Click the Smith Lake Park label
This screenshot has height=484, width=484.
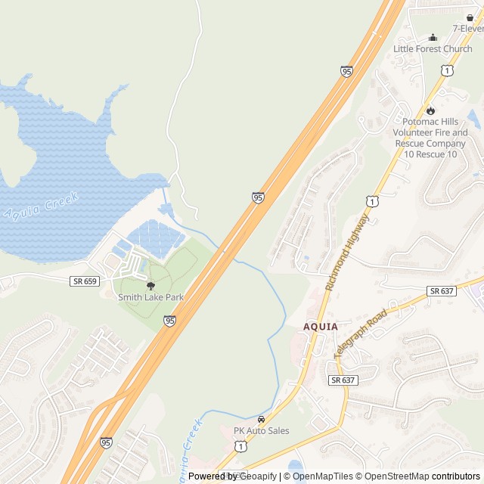point(150,297)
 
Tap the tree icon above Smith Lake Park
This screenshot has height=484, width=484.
point(150,285)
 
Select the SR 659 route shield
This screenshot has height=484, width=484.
point(84,281)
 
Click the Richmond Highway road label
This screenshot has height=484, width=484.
point(347,252)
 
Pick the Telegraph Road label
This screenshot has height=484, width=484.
point(360,333)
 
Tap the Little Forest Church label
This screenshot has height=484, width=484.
point(433,49)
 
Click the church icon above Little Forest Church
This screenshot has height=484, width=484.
point(433,37)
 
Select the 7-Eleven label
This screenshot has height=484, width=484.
point(467,28)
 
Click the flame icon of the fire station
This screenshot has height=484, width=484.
point(430,110)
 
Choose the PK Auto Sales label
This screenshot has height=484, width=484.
point(261,430)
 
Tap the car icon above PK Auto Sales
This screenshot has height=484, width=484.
point(261,419)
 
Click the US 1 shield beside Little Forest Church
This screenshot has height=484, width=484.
point(448,70)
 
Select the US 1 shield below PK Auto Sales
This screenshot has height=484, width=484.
point(240,447)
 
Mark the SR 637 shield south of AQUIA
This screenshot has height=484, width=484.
point(343,379)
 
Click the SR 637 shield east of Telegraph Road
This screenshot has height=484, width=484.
point(442,291)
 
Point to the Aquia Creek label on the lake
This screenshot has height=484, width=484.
point(41,208)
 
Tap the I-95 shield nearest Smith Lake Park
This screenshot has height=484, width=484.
point(169,321)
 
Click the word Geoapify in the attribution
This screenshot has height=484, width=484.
point(258,476)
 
